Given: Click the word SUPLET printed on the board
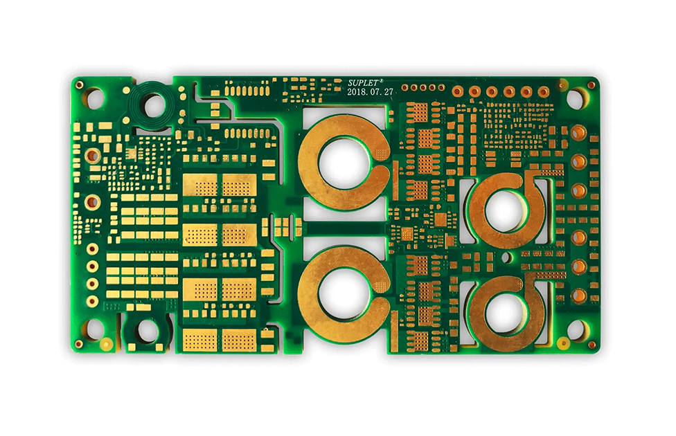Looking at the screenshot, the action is tap(363, 83).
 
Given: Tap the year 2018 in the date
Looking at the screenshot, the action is tap(356, 92).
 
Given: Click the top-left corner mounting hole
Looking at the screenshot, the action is tap(94, 98).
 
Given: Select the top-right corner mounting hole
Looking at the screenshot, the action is tap(576, 98).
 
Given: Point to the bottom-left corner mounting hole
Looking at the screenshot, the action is tap(94, 330).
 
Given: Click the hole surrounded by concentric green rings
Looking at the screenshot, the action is tap(154, 106).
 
